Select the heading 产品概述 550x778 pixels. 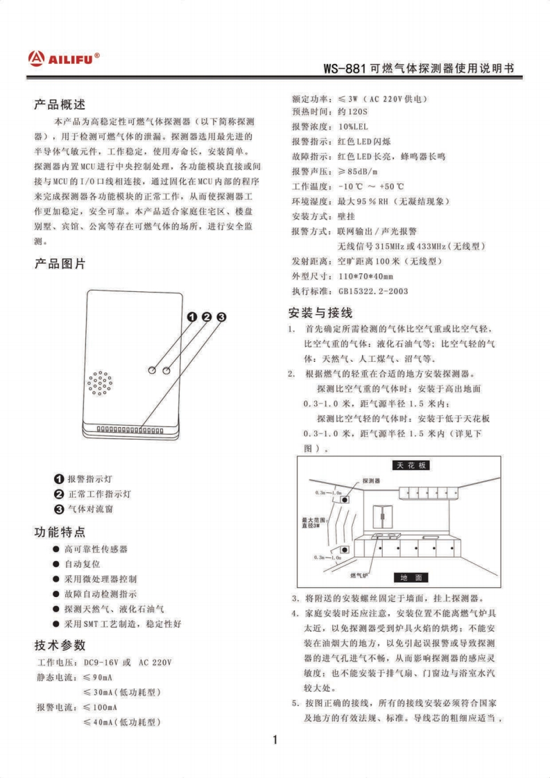(60, 105)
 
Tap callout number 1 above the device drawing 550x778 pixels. (192, 317)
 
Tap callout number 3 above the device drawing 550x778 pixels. (221, 317)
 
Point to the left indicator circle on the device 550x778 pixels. (152, 371)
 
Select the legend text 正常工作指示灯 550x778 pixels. (98, 494)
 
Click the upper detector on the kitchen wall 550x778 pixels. (343, 499)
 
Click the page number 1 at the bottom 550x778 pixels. (275, 739)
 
